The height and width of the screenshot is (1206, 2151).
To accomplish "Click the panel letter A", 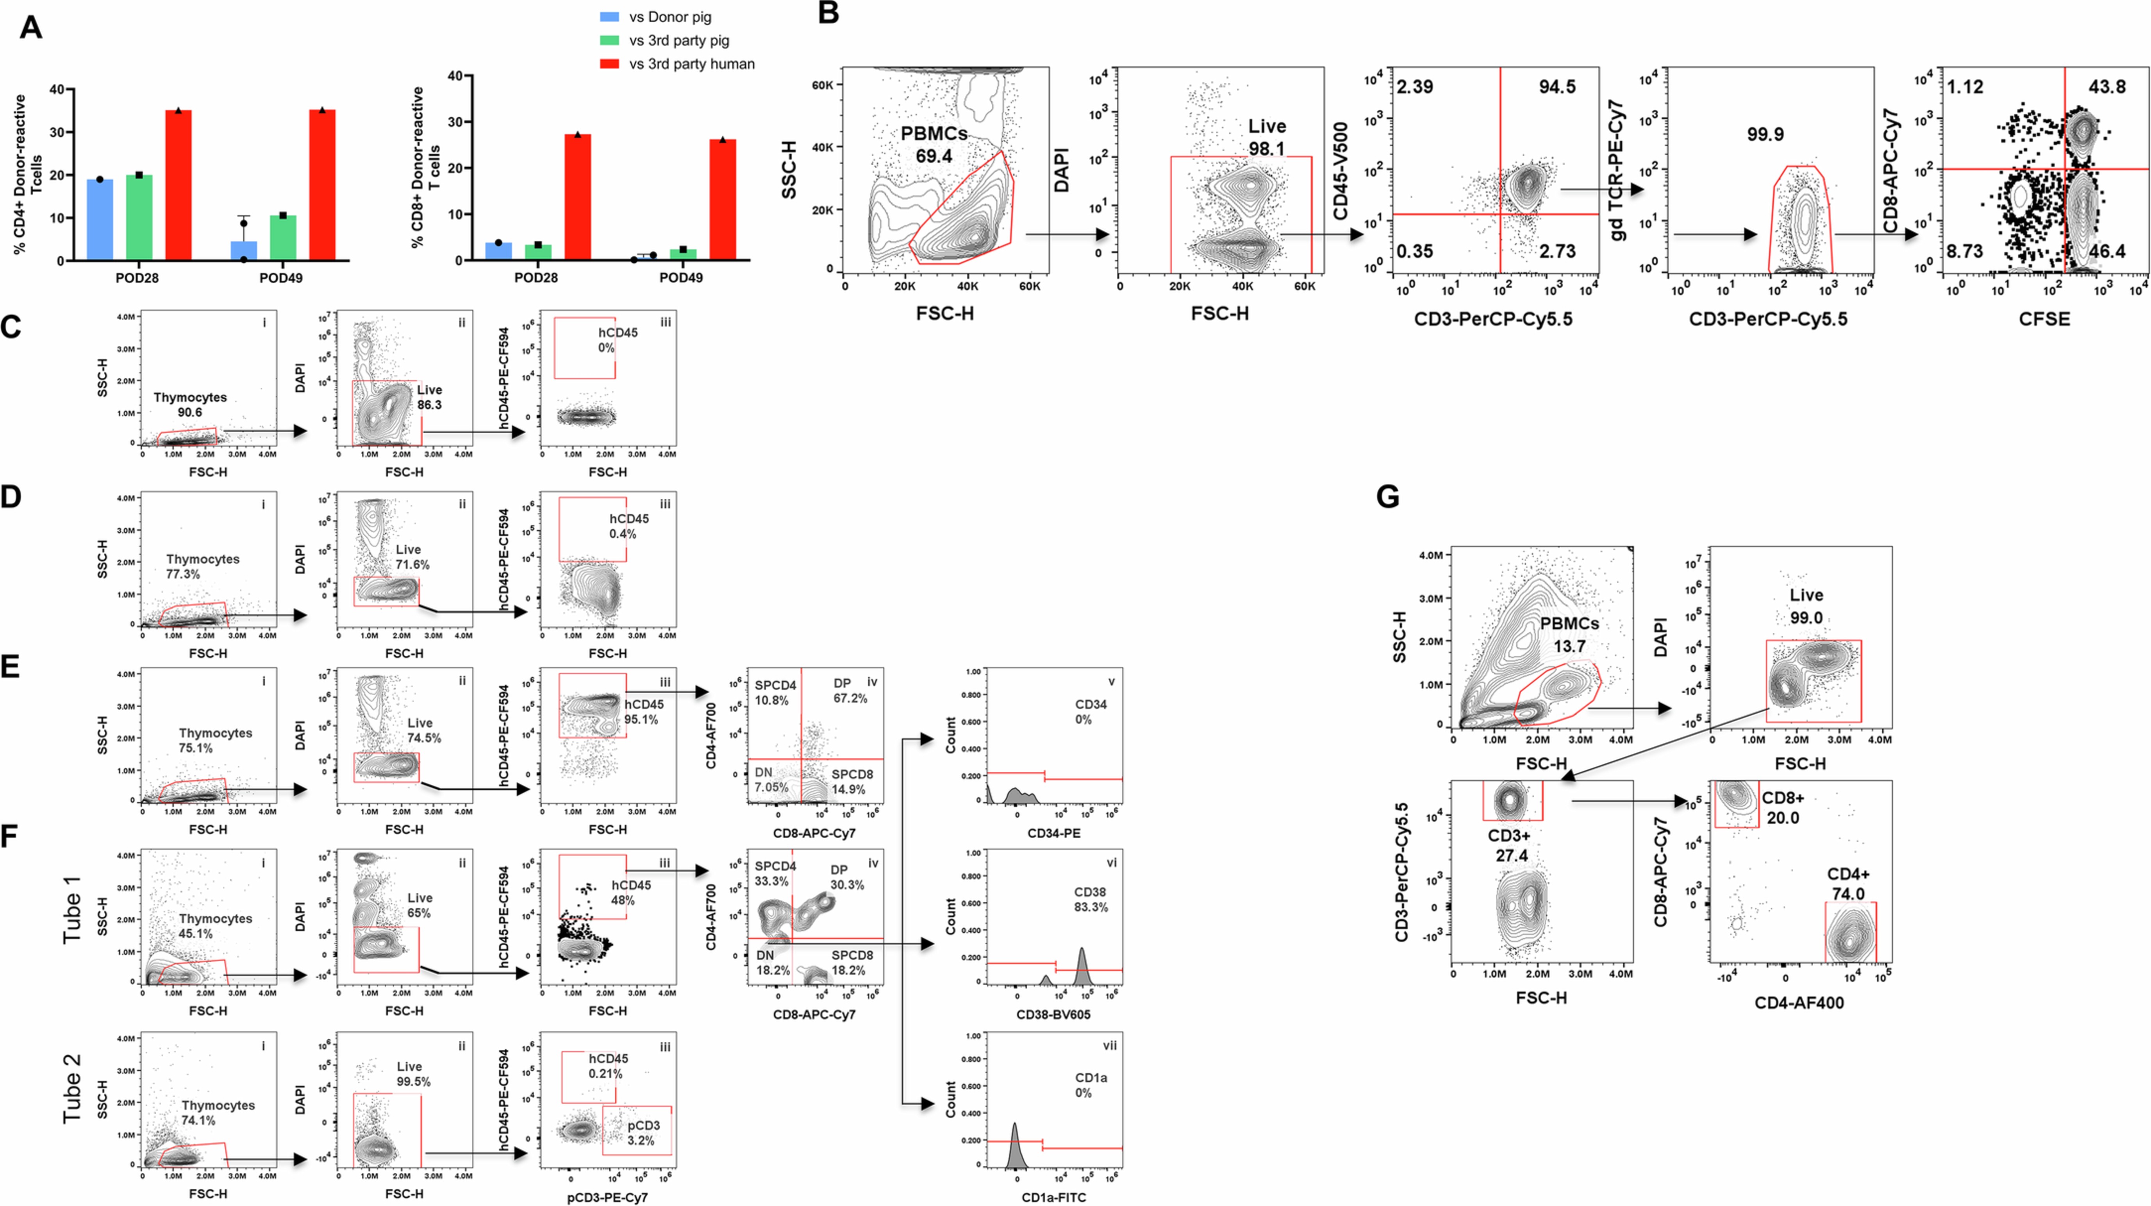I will click(31, 28).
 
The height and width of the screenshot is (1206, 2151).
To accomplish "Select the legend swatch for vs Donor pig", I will click(610, 17).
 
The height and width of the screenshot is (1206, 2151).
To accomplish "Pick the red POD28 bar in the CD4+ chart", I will click(179, 185).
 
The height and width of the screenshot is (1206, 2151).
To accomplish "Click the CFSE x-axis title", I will click(2044, 318).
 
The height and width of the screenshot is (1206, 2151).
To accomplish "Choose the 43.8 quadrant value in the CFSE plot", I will click(2107, 87).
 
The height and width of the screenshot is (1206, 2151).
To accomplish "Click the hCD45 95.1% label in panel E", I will click(641, 712).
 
